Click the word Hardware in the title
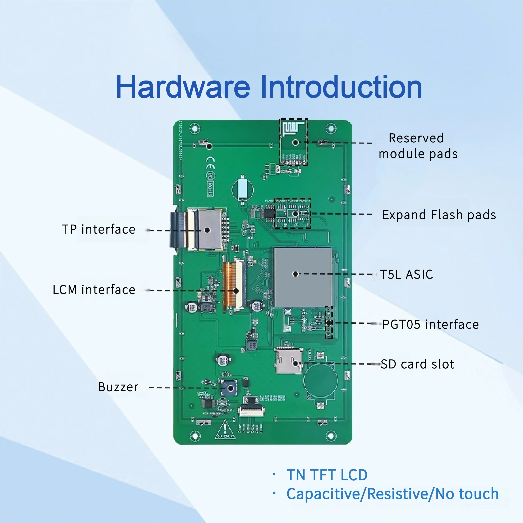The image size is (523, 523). pos(183,87)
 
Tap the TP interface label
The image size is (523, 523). pos(98,229)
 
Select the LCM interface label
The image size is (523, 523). pos(94,290)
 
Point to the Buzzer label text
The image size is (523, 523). pos(118,387)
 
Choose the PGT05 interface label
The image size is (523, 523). pos(430,324)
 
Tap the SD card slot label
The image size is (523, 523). pos(417,364)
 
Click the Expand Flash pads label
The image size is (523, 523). pos(439,215)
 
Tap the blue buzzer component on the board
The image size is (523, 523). pos(229,388)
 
